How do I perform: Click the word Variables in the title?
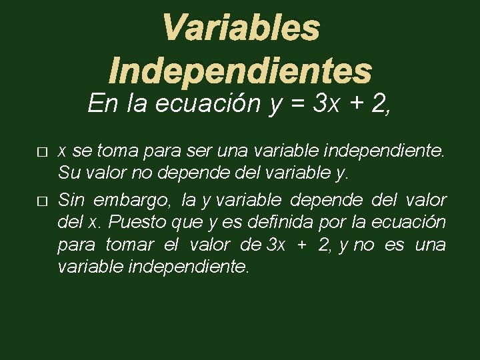[241, 29]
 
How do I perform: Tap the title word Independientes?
[240, 70]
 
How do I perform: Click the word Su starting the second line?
[69, 174]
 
